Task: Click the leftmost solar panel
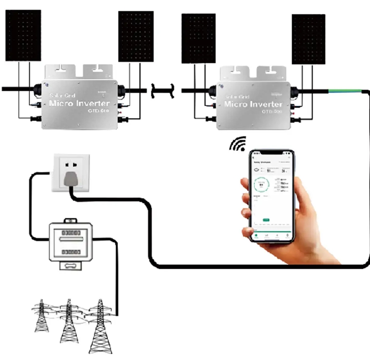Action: pos(23,35)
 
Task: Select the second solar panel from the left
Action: pos(136,36)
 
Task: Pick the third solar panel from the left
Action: pos(198,38)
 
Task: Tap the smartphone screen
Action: pos(272,196)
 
